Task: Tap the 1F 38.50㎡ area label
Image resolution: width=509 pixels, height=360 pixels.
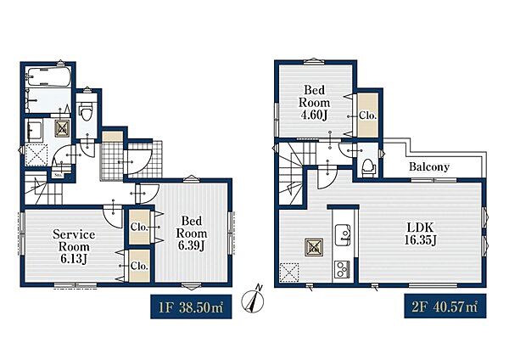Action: click(x=191, y=307)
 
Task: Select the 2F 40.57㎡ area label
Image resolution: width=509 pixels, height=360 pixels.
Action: click(x=445, y=306)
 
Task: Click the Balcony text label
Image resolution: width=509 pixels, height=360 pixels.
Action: click(x=429, y=167)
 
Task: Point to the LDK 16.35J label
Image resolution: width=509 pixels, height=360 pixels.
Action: click(x=420, y=233)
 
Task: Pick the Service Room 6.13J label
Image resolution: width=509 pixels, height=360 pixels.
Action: click(x=74, y=246)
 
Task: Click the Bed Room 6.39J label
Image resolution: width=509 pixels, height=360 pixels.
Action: click(x=191, y=233)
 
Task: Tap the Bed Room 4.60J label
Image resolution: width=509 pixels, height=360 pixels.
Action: click(x=314, y=103)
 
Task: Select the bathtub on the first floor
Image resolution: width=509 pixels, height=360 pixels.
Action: click(x=48, y=76)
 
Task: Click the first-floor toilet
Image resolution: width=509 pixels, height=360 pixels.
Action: click(x=87, y=110)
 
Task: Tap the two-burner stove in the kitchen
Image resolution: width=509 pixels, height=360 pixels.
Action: click(x=342, y=268)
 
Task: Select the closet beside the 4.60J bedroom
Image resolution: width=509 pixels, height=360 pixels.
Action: click(x=368, y=115)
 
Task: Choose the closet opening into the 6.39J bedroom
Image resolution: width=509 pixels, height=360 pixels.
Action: click(x=140, y=227)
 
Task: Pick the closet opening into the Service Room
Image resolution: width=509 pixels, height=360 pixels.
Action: click(x=140, y=266)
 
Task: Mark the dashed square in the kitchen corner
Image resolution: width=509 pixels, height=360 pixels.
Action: click(x=289, y=273)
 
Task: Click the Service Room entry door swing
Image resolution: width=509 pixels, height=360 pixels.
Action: click(x=114, y=216)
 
